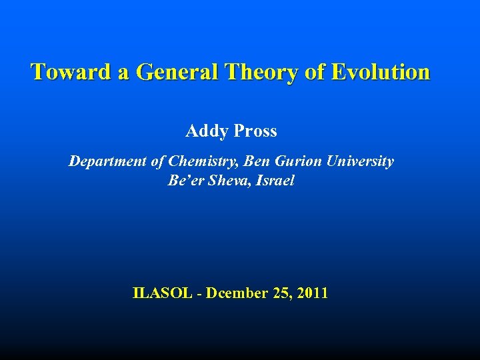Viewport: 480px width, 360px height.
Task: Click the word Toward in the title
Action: point(72,72)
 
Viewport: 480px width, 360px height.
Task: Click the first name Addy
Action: point(207,131)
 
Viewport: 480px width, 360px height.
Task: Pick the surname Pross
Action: point(255,131)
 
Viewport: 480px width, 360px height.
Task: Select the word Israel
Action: point(275,181)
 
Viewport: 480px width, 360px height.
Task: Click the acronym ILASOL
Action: point(163,293)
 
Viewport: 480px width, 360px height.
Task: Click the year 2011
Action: point(313,293)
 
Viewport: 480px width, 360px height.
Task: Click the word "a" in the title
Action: point(124,72)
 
